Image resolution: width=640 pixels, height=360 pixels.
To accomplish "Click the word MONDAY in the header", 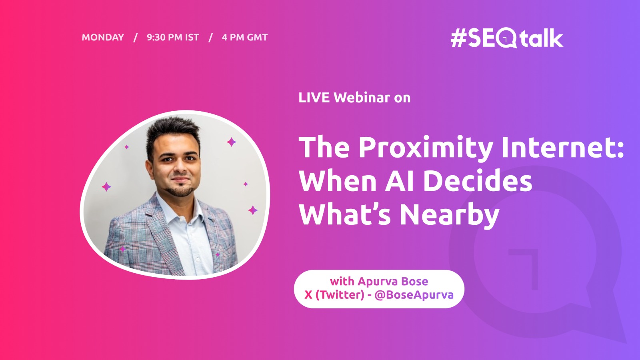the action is tap(103, 37).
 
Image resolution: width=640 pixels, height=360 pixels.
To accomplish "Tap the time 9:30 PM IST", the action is tap(173, 37).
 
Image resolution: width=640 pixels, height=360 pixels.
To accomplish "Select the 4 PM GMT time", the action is tap(245, 37).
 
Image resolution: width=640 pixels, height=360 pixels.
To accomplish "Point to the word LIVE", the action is tap(314, 98).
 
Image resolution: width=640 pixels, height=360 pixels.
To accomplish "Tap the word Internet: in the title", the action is tap(562, 147).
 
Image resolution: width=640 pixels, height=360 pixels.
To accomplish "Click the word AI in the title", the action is tap(400, 181).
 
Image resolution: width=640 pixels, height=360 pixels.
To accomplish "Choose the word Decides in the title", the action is tap(478, 180).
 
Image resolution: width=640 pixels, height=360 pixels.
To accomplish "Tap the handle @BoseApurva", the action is tap(414, 295).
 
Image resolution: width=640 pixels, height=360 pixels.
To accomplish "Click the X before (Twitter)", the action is tap(308, 295).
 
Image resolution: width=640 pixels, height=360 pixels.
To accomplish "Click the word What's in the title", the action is tap(344, 214).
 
